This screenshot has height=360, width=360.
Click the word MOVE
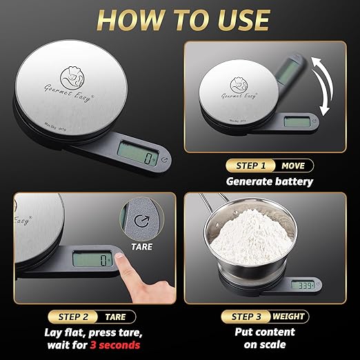292,166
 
